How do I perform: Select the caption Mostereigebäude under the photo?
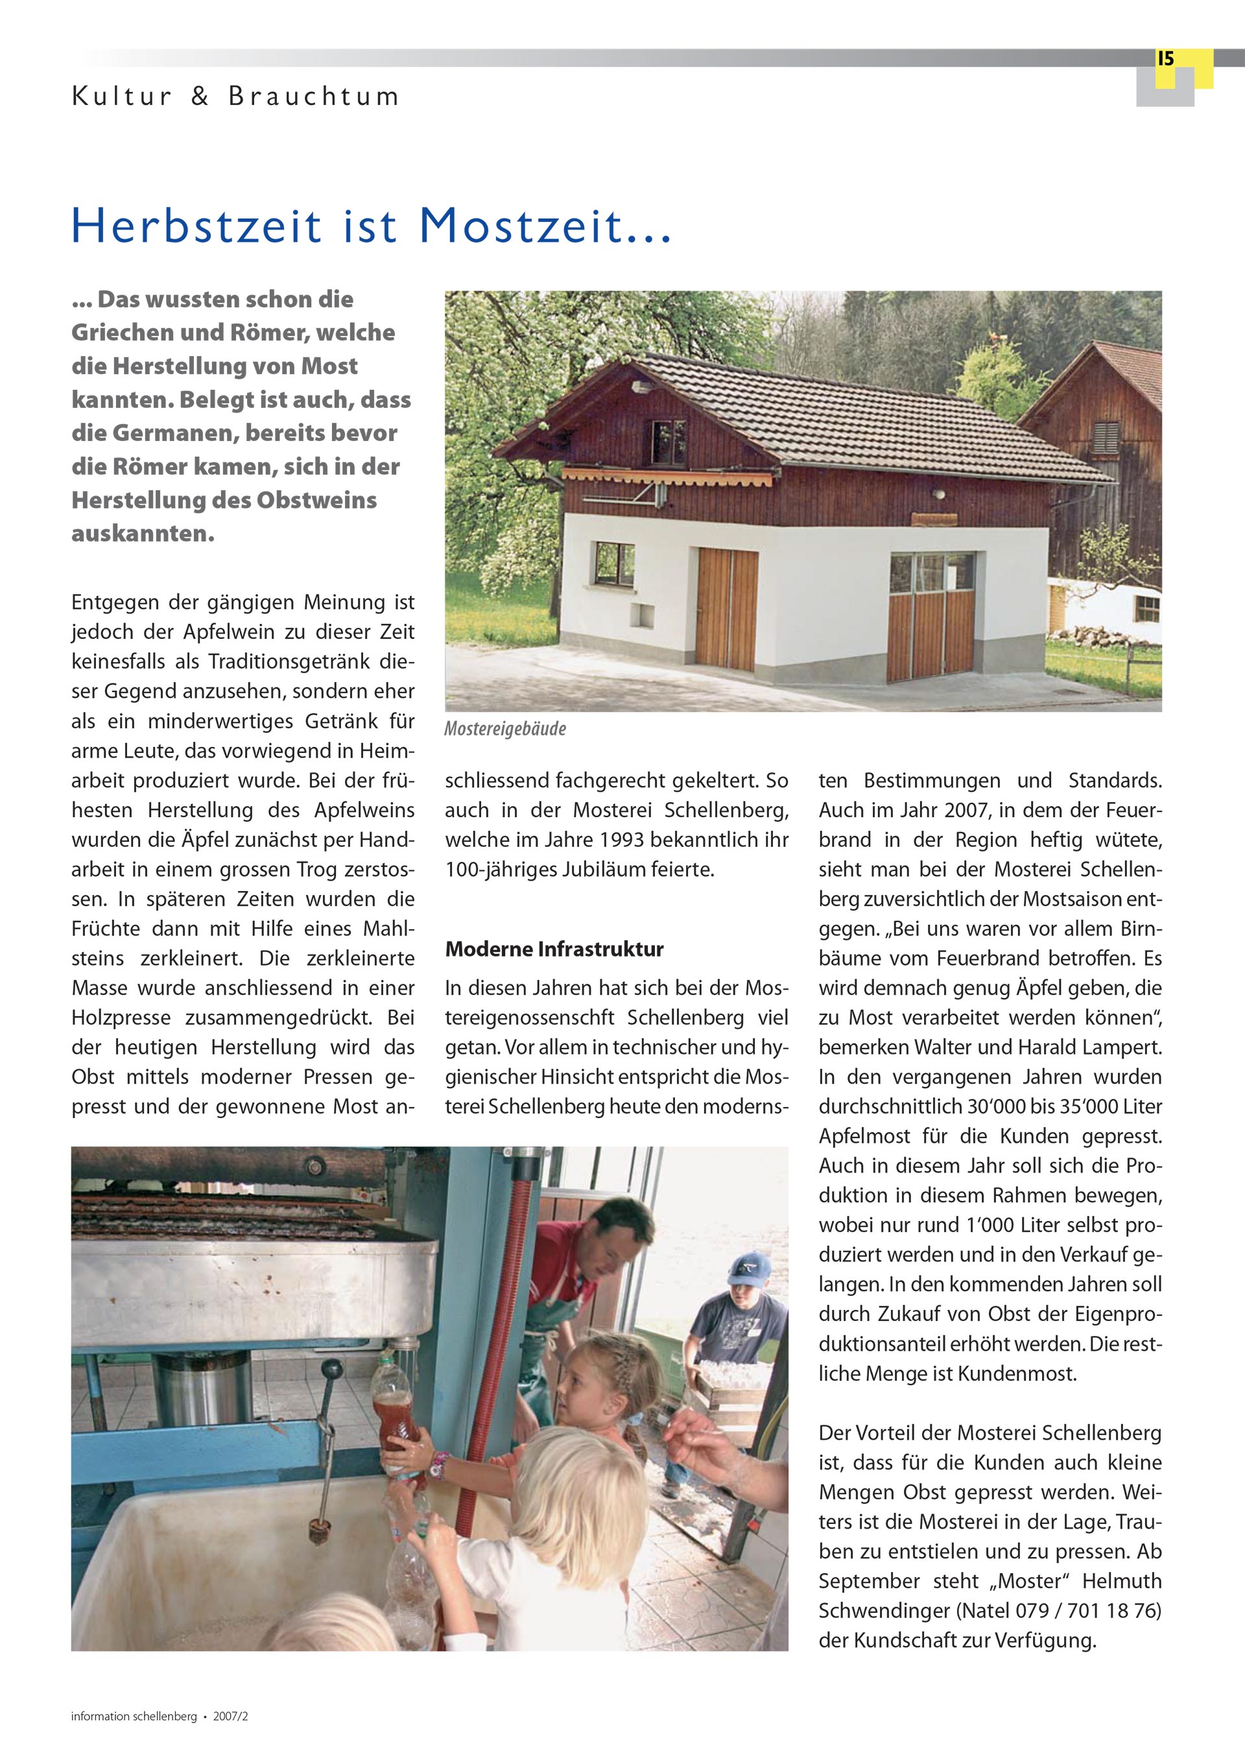[505, 729]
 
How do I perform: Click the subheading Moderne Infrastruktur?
[554, 949]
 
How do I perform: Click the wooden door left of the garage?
[727, 608]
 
